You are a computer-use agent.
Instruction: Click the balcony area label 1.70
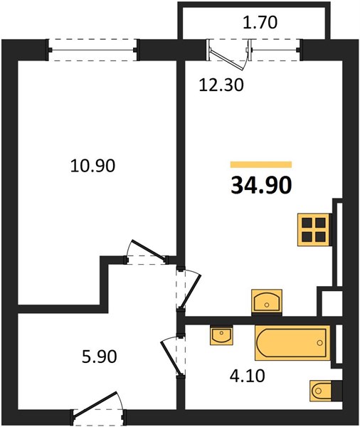(260, 23)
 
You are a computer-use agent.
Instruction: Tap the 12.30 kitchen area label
(221, 85)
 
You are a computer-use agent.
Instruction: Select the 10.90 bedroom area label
(92, 166)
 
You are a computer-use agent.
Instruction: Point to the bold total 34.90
(261, 186)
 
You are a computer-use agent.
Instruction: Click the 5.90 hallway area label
(100, 357)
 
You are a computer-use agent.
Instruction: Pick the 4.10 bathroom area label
(248, 376)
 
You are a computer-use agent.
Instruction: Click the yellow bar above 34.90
(261, 164)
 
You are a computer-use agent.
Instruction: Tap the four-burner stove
(315, 230)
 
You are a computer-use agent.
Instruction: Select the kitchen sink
(267, 302)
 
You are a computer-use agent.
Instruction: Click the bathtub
(292, 342)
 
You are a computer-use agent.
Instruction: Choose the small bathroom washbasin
(221, 336)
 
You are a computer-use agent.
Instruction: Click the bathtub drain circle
(319, 343)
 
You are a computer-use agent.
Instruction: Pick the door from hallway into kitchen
(189, 290)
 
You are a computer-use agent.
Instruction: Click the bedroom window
(92, 50)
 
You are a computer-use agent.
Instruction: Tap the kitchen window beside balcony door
(275, 50)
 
